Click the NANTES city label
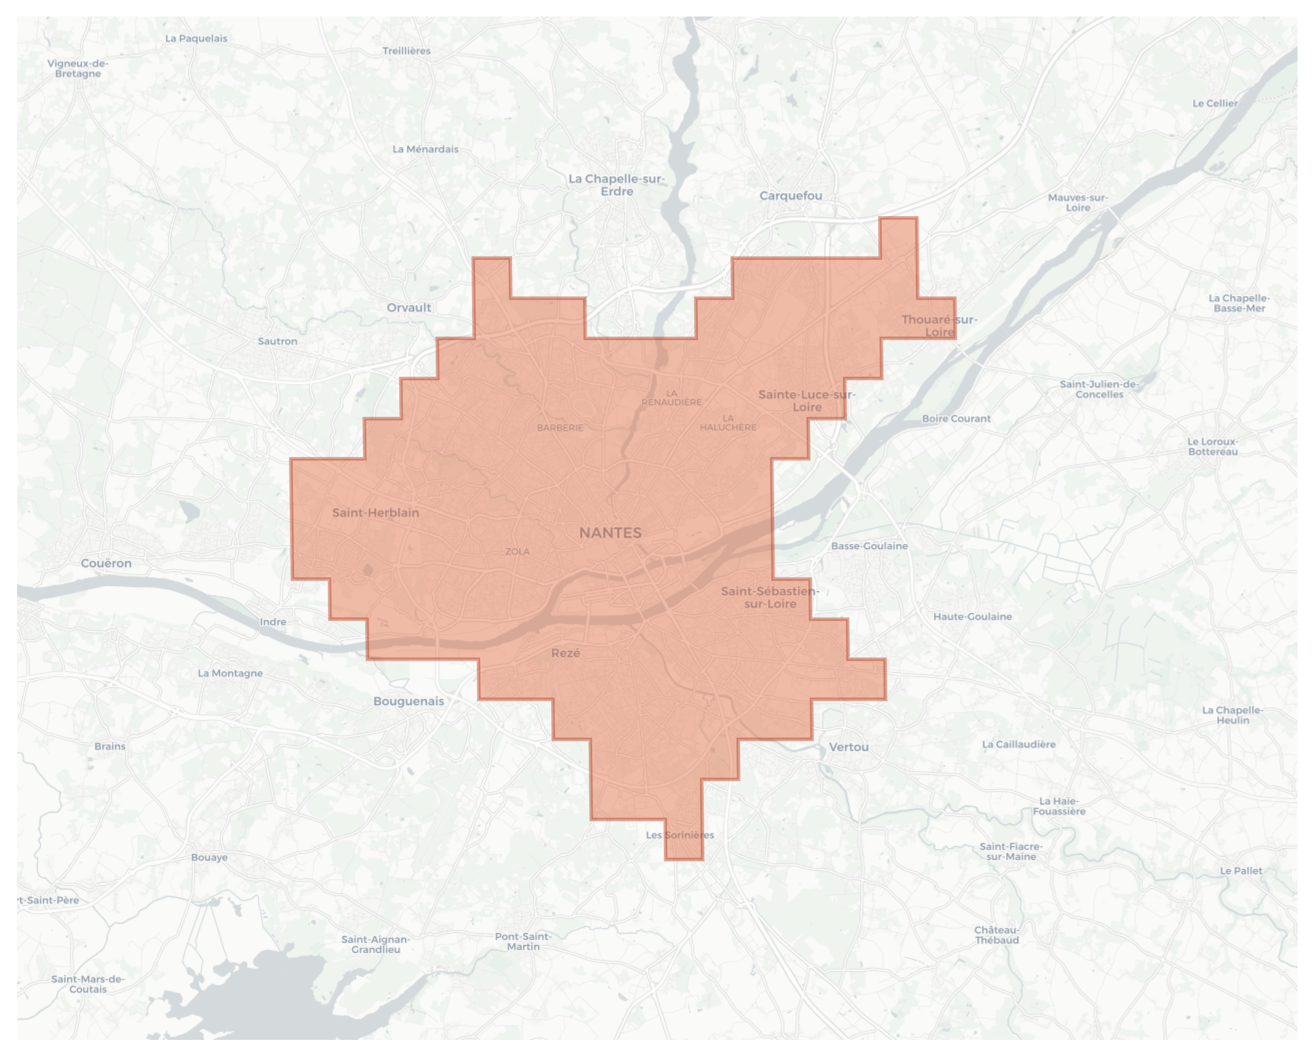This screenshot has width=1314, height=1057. click(x=610, y=533)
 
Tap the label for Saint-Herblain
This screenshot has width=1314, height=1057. click(x=375, y=513)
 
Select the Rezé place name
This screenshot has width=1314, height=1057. click(x=565, y=653)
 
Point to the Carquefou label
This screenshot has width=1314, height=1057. click(x=791, y=196)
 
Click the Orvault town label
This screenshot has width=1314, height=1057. click(x=409, y=308)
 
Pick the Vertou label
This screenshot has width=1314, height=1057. click(x=848, y=747)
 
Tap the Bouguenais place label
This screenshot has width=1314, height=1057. click(x=408, y=701)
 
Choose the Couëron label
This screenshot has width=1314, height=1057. click(x=106, y=563)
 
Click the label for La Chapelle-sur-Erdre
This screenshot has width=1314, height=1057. click(x=617, y=185)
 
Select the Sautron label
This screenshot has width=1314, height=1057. click(x=278, y=341)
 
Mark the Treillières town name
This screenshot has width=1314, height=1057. click(x=407, y=51)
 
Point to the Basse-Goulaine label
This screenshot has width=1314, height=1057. click(x=869, y=546)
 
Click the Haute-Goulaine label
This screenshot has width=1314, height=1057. click(x=972, y=616)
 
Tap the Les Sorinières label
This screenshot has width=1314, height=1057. click(x=680, y=835)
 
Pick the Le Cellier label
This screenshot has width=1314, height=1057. click(x=1214, y=103)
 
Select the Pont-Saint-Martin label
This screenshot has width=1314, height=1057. click(x=523, y=941)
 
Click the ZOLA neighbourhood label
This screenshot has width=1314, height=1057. click(x=518, y=552)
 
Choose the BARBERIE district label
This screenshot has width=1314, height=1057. click(x=560, y=428)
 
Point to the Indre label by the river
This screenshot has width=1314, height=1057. click(x=273, y=622)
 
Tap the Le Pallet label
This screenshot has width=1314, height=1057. click(x=1241, y=871)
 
